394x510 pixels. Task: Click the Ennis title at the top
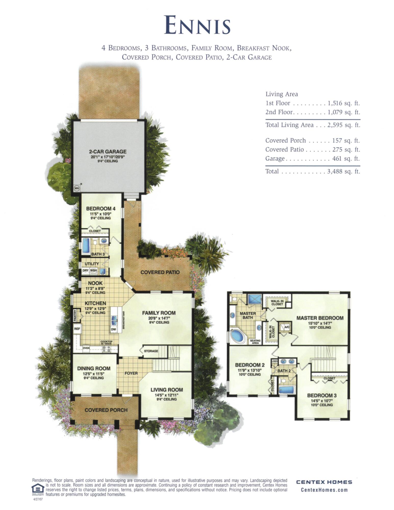(197, 25)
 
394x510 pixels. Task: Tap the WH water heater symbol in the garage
(77, 188)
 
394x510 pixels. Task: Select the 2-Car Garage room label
(108, 151)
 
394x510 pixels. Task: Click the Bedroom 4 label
(101, 209)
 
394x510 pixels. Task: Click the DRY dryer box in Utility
(85, 271)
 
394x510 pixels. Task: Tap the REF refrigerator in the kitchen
(77, 329)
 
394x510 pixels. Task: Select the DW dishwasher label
(113, 329)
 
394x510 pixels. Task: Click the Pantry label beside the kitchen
(75, 315)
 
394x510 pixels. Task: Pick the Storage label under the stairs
(151, 351)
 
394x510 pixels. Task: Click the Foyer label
(131, 373)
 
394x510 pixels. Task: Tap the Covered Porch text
(106, 410)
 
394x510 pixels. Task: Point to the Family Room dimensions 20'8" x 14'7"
(159, 318)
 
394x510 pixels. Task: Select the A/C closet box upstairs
(287, 327)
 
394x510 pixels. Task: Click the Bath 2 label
(284, 371)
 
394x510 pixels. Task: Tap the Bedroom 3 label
(322, 396)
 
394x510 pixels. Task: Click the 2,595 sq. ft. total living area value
(344, 125)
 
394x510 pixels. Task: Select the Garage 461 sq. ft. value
(346, 159)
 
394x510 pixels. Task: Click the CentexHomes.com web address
(324, 490)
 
